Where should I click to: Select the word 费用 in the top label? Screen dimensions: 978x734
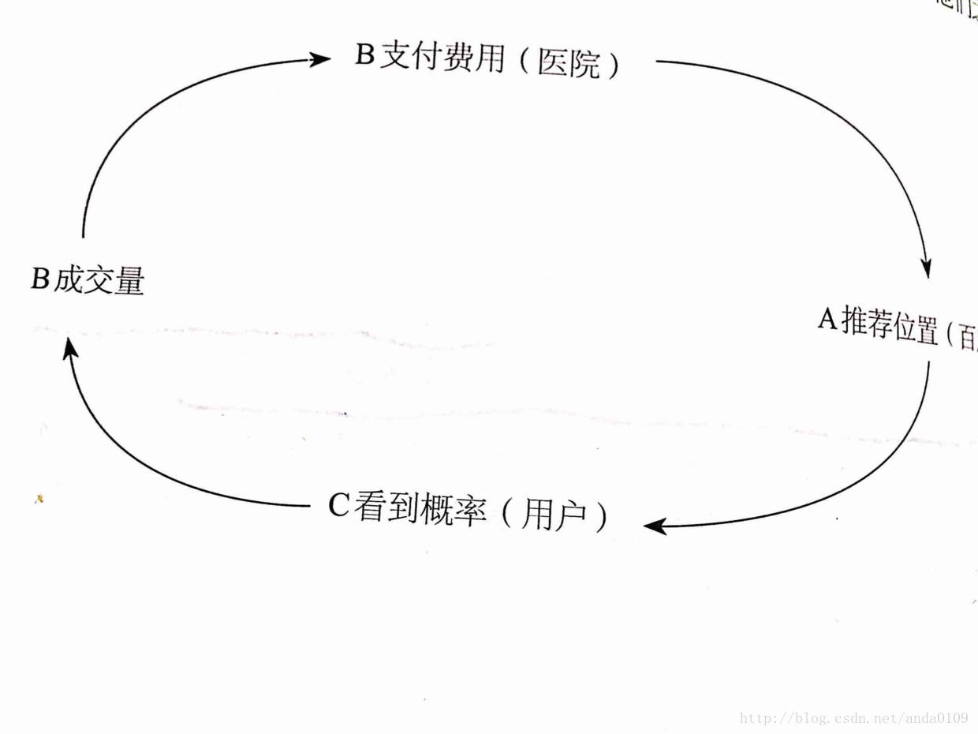(x=473, y=59)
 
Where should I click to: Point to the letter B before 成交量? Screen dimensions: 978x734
(x=39, y=279)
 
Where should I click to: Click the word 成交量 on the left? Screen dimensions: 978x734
(x=99, y=280)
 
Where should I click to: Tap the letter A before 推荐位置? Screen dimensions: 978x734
(x=827, y=320)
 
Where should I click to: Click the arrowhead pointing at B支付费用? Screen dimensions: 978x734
(x=319, y=59)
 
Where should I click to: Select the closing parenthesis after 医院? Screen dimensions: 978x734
(x=612, y=66)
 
